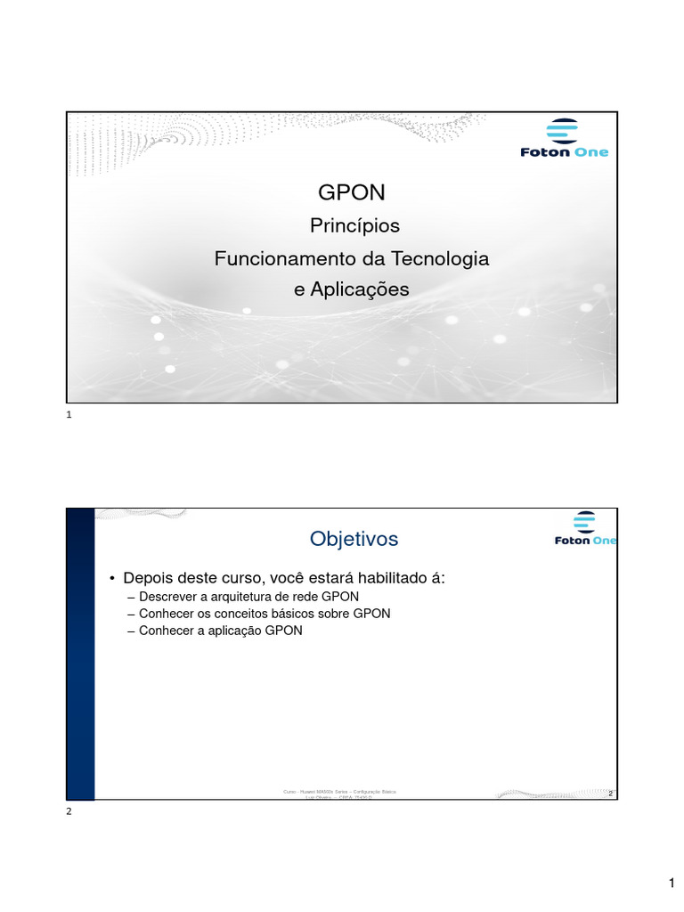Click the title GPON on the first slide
coord(351,193)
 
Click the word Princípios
coord(354,226)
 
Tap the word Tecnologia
coord(437,258)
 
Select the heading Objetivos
coord(354,539)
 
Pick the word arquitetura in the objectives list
coord(243,596)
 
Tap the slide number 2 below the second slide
coord(69,811)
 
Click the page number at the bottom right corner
coord(672,883)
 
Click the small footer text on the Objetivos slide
coord(339,794)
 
